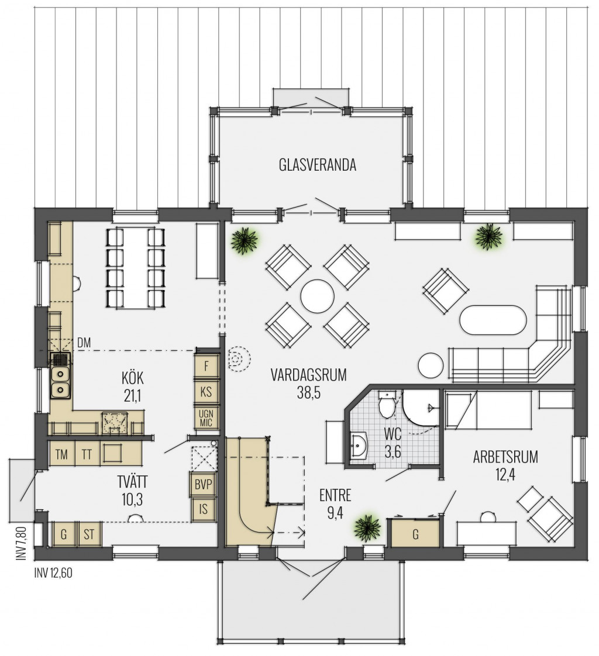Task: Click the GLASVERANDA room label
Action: [x=317, y=165]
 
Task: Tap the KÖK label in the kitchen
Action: [x=133, y=378]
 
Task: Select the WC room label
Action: [x=393, y=434]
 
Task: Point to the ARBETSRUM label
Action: [x=505, y=457]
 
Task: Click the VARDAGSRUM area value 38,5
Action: [x=309, y=393]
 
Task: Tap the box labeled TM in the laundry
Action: [x=62, y=454]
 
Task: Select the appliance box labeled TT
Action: [x=87, y=454]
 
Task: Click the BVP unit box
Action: [x=204, y=485]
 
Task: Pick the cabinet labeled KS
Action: [x=206, y=392]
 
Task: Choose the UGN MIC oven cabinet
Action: [x=206, y=417]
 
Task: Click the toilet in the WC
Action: [x=387, y=404]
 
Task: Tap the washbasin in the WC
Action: [x=359, y=446]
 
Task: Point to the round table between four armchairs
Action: [x=317, y=296]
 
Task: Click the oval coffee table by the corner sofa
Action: [x=493, y=320]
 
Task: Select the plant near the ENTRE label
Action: [x=367, y=529]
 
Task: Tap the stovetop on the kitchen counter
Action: [x=115, y=423]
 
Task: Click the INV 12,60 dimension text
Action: [x=53, y=573]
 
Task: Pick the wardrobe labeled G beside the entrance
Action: [x=415, y=534]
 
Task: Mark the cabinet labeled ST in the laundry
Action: [x=89, y=534]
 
